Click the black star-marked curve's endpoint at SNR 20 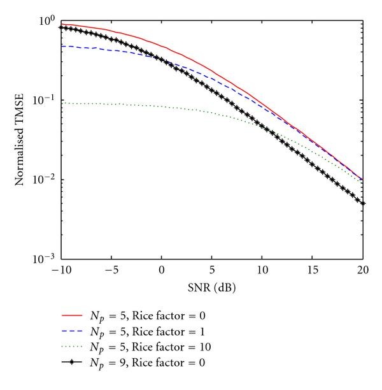pyautogui.click(x=363, y=203)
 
